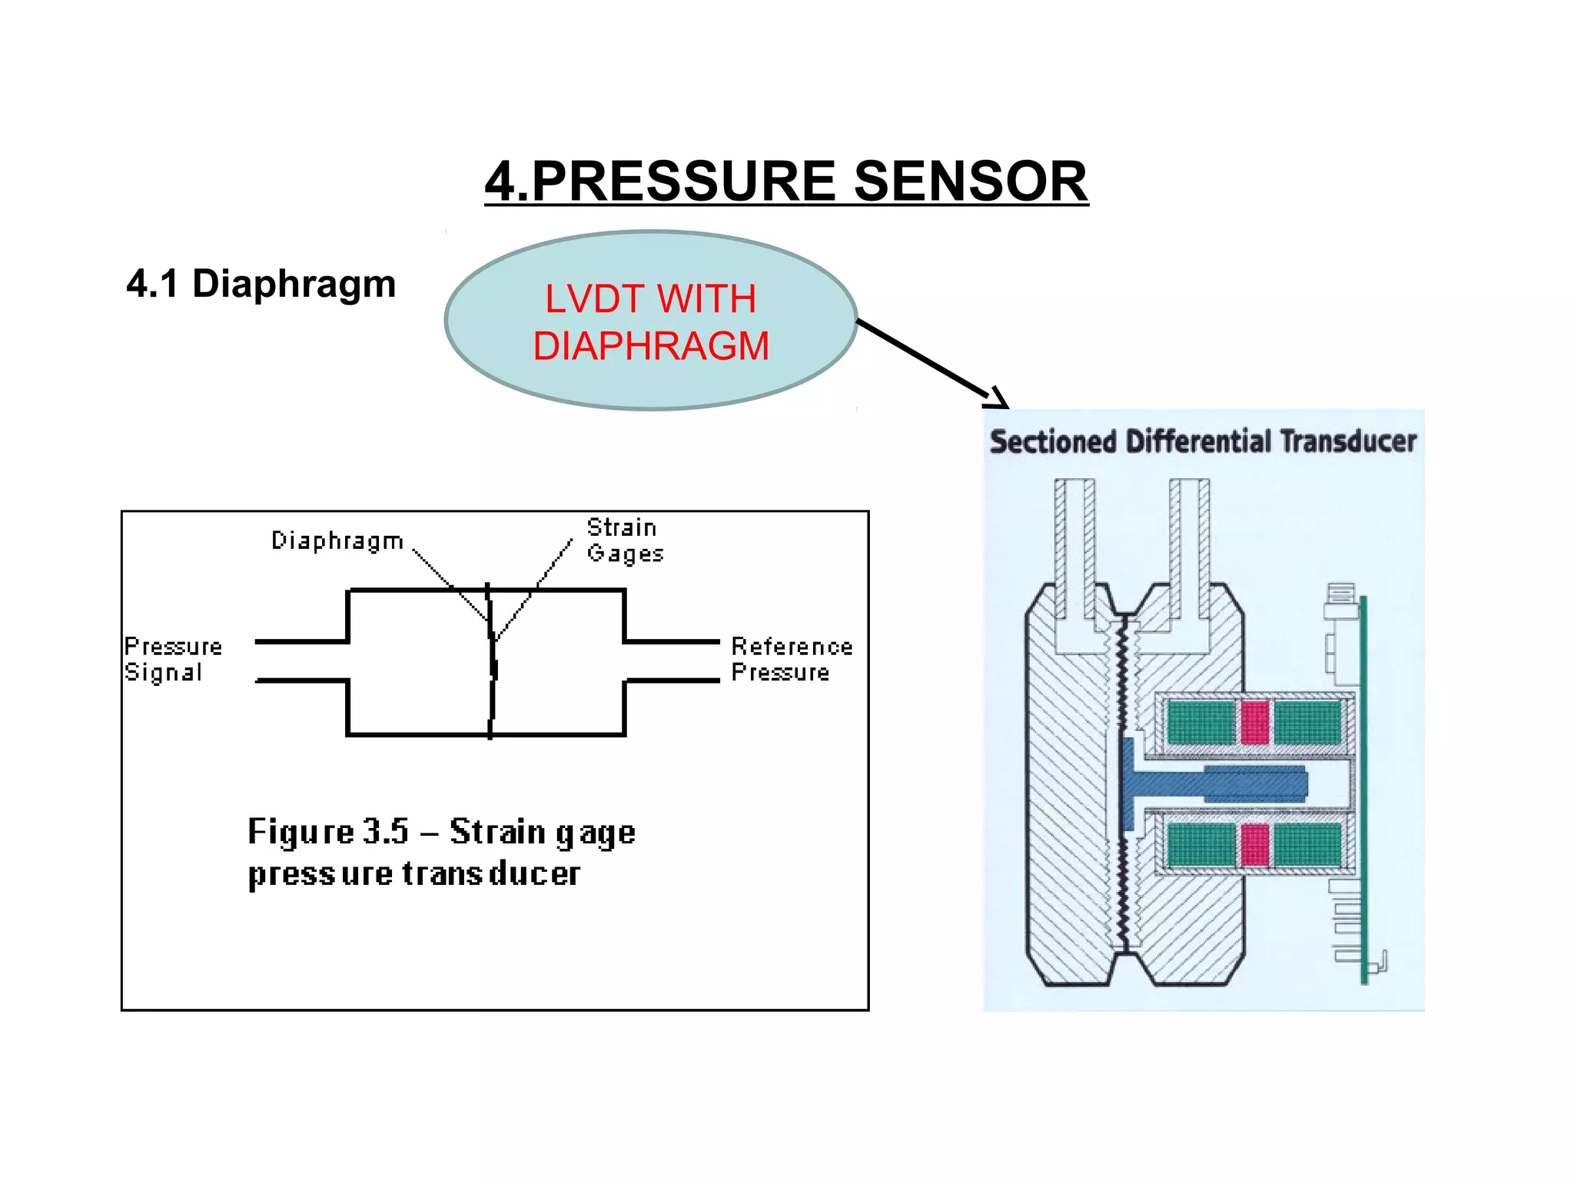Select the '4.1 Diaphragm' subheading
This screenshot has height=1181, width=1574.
[261, 284]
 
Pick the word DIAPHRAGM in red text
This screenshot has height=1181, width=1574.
[651, 346]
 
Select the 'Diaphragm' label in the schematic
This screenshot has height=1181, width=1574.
[337, 541]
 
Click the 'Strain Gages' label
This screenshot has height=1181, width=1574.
[623, 541]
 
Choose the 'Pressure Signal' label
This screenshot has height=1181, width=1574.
[173, 660]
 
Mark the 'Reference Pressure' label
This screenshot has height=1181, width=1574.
[791, 660]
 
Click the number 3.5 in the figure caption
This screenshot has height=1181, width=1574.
[385, 832]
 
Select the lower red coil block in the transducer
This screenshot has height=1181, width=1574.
[1254, 845]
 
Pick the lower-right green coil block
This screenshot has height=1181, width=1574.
[1307, 845]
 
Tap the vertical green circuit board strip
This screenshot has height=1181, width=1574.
[1364, 792]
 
